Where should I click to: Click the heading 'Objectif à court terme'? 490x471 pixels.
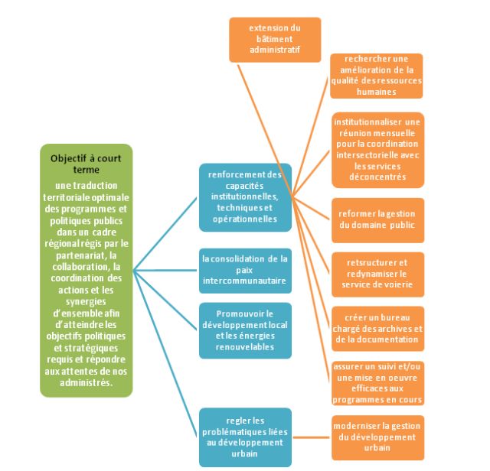[86, 164]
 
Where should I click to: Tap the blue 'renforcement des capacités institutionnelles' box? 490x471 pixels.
[245, 197]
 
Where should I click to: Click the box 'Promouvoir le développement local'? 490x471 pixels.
[245, 330]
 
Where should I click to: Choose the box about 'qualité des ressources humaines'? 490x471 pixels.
[376, 76]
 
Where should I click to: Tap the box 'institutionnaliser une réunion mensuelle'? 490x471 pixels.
[376, 150]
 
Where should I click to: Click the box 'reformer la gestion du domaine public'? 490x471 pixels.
[376, 219]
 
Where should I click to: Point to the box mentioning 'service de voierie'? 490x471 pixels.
[376, 273]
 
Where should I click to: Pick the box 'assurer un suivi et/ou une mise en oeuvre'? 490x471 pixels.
[376, 382]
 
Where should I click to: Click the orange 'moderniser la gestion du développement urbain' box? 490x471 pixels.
[376, 437]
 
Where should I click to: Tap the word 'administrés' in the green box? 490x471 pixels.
[86, 383]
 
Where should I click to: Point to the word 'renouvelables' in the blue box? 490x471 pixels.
[245, 345]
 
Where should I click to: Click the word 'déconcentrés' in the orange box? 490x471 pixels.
[376, 177]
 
